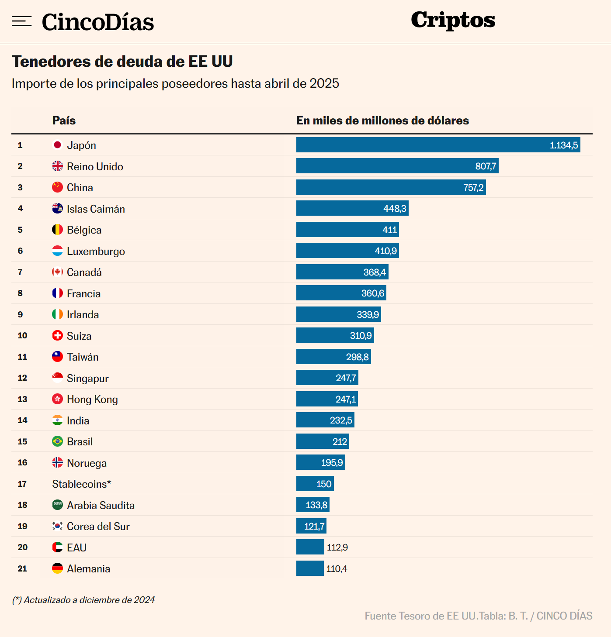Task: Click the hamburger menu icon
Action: coord(21,21)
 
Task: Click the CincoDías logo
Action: coord(98,22)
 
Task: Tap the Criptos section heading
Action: coord(453,20)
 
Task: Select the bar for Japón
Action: coord(438,145)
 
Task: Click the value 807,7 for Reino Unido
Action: coord(486,166)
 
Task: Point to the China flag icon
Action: coord(57,187)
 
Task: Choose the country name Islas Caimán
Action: coord(96,209)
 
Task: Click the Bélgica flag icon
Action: coord(57,230)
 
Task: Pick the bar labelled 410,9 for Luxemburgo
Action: coord(347,251)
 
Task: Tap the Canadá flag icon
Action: coord(57,272)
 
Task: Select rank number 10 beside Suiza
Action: coord(22,335)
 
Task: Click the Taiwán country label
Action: coord(83,357)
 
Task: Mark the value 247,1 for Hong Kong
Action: coord(346,399)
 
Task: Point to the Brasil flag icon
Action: coord(57,441)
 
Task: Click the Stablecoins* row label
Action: coord(82,484)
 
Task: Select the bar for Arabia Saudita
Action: coord(312,505)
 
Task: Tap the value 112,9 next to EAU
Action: coord(337,547)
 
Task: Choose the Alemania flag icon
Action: coord(57,568)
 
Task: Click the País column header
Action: coord(64,121)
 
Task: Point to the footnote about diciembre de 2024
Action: coord(83,600)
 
